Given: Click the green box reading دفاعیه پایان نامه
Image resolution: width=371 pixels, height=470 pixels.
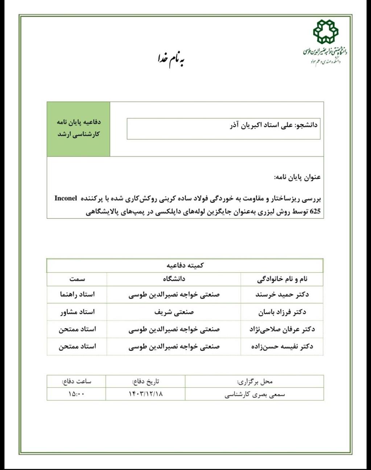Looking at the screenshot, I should tap(79, 128).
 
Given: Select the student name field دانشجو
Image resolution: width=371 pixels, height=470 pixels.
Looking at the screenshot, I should tap(223, 129).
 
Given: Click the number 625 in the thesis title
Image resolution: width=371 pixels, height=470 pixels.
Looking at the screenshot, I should tap(315, 211).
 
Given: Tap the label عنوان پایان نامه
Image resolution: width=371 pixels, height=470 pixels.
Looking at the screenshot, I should tap(297, 177).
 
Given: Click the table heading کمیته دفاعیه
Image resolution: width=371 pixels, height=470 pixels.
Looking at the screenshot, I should tap(185, 265).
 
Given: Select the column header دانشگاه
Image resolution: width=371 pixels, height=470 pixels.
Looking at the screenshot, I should tap(174, 279).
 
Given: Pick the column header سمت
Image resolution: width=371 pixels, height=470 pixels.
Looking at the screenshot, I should tap(77, 279).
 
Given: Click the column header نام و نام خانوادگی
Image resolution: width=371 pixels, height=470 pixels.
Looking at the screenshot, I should tap(282, 279).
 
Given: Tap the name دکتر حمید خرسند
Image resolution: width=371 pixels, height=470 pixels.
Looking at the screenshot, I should tap(282, 294).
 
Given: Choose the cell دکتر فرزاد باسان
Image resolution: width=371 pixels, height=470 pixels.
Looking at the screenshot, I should tap(282, 312).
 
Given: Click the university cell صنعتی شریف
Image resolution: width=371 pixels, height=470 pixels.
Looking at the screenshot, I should tap(174, 312).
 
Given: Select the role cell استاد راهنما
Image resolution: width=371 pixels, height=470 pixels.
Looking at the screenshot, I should tap(77, 294).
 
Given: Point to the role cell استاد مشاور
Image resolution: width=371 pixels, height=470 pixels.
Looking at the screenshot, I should tap(77, 312).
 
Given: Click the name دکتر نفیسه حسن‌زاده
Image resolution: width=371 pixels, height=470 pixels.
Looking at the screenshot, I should tap(282, 347).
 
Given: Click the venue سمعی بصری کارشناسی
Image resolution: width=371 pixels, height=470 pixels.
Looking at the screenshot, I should tap(255, 394).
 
